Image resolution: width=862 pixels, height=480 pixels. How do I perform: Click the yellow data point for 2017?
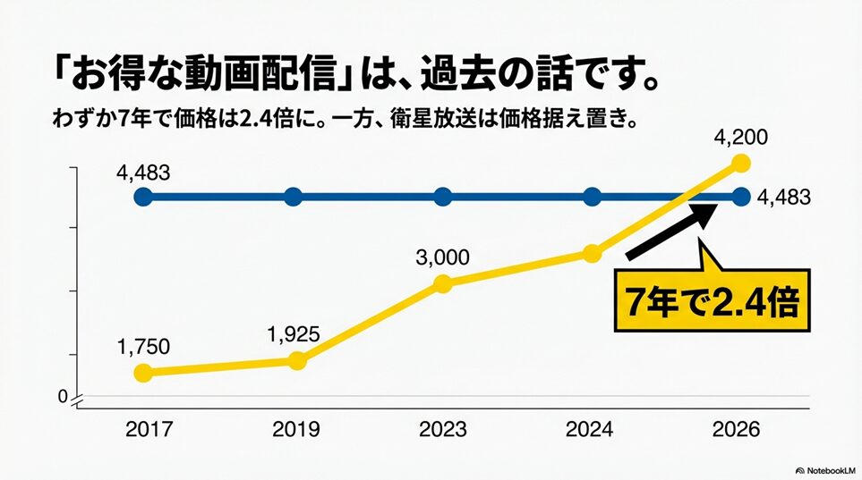tap(141, 373)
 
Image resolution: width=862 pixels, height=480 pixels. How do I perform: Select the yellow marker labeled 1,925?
tap(297, 360)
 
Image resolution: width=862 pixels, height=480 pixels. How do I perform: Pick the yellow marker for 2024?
tap(591, 253)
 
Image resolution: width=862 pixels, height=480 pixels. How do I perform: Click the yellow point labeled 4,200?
tap(740, 163)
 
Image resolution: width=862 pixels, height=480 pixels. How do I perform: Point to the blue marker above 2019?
tap(293, 197)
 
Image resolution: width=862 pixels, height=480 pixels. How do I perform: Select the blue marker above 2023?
tap(442, 197)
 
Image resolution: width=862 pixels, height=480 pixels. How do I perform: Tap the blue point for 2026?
tap(740, 197)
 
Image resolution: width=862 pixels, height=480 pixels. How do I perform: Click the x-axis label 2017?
tap(149, 430)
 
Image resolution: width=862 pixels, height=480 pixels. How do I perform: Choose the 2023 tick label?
tap(442, 430)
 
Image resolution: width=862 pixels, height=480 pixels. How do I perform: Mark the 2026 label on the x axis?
tap(736, 430)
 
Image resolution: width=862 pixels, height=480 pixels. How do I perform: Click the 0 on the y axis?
tap(63, 397)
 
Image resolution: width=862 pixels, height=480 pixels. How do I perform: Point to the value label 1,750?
tap(142, 347)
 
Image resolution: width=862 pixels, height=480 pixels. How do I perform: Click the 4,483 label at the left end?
tap(142, 173)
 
